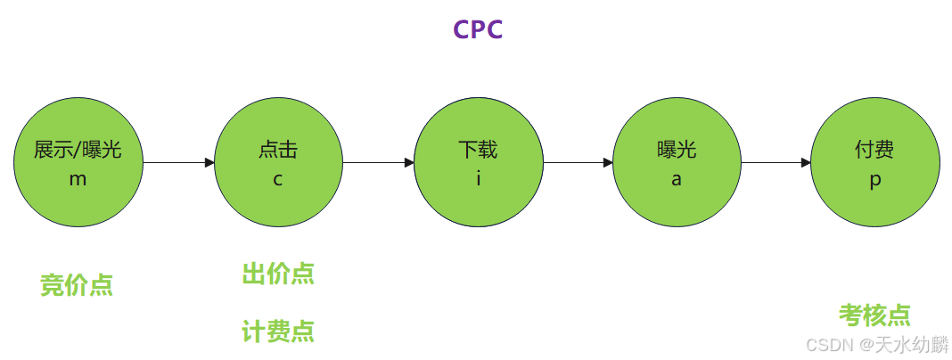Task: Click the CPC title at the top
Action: coord(478,29)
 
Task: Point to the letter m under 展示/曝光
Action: coord(78,178)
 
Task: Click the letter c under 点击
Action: coord(278,178)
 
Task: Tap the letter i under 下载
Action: coord(478,178)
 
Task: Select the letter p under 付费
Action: coord(875,179)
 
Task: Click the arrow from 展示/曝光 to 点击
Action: coord(178,163)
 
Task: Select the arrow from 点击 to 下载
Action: coord(378,163)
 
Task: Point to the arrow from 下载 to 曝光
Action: coord(578,163)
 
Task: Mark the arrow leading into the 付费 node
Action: coord(776,163)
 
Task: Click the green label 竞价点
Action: coord(77,285)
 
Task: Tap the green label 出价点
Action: coord(278,274)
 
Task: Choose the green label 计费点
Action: coord(278,331)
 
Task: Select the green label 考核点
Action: coord(874,315)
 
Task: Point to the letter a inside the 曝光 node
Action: coord(677,178)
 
